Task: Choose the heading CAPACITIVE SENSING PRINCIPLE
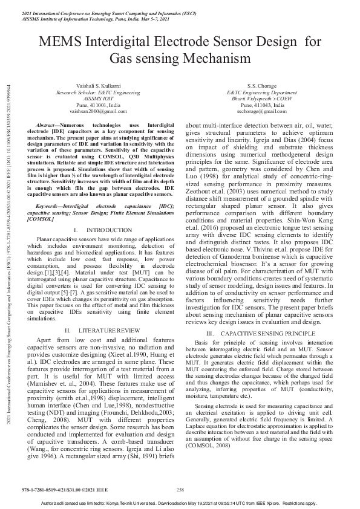(x=265, y=334)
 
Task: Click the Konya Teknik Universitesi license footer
(x=182, y=503)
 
